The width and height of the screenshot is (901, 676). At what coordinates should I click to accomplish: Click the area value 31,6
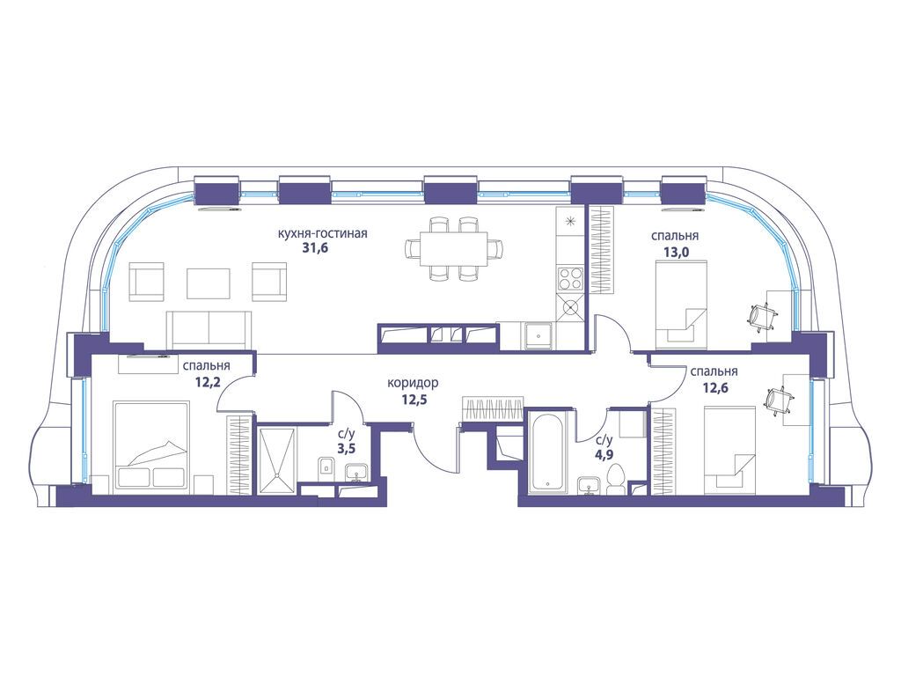click(x=314, y=248)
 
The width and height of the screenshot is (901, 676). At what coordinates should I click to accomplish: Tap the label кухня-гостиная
click(x=322, y=234)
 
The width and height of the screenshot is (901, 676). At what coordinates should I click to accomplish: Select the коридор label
click(x=414, y=383)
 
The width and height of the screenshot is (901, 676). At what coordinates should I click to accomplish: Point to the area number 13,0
click(x=675, y=251)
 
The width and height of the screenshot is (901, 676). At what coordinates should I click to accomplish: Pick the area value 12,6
click(x=715, y=387)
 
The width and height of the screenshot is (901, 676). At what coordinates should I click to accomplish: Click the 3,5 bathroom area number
click(x=346, y=449)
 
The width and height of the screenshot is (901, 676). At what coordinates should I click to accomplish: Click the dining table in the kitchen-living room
click(x=454, y=248)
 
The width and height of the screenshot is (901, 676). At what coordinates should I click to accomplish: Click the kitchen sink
click(x=538, y=336)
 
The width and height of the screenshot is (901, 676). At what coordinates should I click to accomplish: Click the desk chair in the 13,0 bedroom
click(x=763, y=317)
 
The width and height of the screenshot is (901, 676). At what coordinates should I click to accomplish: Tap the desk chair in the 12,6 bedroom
click(x=780, y=400)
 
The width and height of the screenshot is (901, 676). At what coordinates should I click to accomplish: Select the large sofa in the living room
click(x=209, y=329)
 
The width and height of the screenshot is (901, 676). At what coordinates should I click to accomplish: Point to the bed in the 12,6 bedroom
click(x=729, y=450)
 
